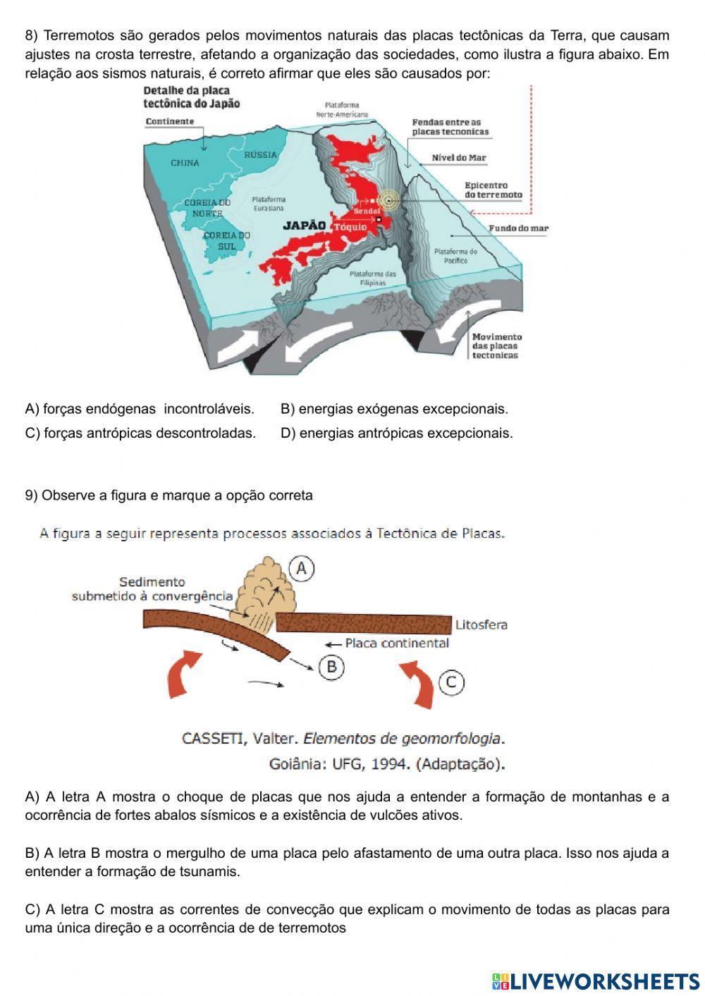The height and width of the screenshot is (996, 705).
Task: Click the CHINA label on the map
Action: click(x=185, y=163)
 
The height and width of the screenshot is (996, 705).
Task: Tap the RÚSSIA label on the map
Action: click(x=260, y=155)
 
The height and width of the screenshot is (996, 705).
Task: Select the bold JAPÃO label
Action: click(x=304, y=226)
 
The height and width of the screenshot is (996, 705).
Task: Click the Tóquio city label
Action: click(x=350, y=227)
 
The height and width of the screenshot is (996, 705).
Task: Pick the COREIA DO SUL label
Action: click(x=227, y=241)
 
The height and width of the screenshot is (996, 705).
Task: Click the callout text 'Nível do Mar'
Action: click(x=459, y=158)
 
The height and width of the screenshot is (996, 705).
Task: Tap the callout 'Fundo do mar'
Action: click(x=518, y=228)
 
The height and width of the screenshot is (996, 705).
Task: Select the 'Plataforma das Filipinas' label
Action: click(x=373, y=278)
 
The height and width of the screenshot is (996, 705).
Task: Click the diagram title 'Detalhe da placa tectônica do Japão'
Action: click(x=191, y=97)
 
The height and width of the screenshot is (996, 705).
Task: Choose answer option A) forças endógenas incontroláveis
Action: click(x=140, y=409)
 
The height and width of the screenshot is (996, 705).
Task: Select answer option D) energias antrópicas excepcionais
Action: click(x=396, y=433)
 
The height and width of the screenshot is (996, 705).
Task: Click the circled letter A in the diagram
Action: click(x=301, y=568)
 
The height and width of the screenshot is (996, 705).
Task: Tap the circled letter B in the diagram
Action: click(x=331, y=666)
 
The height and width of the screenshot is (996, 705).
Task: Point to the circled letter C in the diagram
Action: click(x=451, y=682)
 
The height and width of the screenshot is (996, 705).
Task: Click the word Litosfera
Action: click(x=481, y=625)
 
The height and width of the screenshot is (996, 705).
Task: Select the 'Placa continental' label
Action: click(x=396, y=643)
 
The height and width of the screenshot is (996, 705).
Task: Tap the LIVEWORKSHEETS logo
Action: click(x=596, y=981)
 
